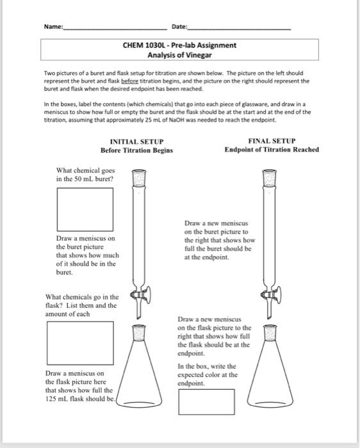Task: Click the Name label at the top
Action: click(x=54, y=26)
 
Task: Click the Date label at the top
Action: click(x=179, y=26)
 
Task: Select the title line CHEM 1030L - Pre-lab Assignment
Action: click(x=179, y=45)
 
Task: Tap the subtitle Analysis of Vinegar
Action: click(x=179, y=55)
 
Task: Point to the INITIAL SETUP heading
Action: click(x=137, y=141)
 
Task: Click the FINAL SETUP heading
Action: click(x=272, y=141)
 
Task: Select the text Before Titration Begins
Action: click(x=137, y=150)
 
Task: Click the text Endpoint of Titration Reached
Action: click(x=272, y=150)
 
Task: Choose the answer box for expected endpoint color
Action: click(x=206, y=401)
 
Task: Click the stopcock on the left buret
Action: click(x=139, y=295)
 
